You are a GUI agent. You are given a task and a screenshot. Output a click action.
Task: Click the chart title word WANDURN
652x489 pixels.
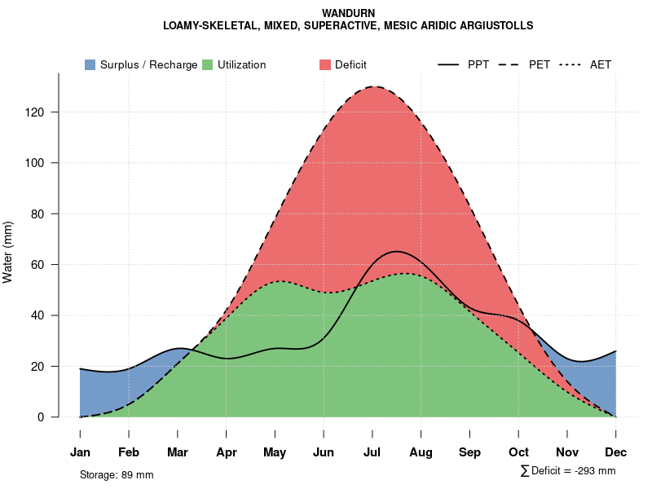(x=348, y=14)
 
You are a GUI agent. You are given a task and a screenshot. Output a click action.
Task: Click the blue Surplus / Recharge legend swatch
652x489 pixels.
(x=90, y=65)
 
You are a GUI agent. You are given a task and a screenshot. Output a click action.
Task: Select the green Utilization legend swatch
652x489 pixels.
(x=207, y=65)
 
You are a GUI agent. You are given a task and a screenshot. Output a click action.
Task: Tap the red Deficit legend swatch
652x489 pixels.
(x=324, y=65)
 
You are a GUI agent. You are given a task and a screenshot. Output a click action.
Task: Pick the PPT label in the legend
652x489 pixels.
(x=478, y=65)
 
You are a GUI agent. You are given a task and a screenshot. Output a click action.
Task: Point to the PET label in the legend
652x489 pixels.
(x=539, y=65)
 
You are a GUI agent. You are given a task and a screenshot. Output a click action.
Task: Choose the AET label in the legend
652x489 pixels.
(x=601, y=65)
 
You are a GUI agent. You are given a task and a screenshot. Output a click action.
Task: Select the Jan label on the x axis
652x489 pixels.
(x=80, y=452)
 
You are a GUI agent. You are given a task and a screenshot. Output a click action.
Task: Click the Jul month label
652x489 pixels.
(x=372, y=452)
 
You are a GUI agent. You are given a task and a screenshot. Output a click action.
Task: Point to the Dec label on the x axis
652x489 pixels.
(x=615, y=452)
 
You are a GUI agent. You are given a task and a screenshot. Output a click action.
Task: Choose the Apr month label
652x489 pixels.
(x=227, y=452)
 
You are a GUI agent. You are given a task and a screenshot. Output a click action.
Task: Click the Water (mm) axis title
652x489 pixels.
(x=8, y=252)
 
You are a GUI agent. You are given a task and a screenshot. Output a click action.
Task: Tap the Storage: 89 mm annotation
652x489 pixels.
(x=117, y=474)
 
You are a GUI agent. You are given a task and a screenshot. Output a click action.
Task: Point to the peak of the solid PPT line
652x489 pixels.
(x=396, y=251)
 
